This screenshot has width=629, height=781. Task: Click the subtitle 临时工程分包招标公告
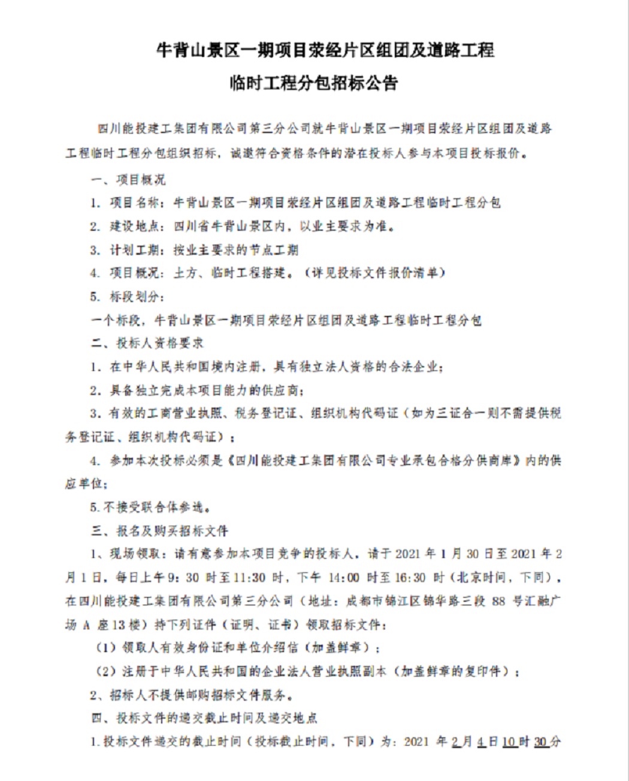coord(314,83)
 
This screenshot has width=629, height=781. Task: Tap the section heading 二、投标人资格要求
coord(147,343)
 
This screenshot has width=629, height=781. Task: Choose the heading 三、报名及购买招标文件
coord(159,531)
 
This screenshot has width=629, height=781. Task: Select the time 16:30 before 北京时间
coord(410,578)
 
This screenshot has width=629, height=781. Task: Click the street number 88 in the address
coord(498,601)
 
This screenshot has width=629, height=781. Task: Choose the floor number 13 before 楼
coord(117,625)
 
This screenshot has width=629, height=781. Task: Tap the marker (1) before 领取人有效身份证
coord(106,648)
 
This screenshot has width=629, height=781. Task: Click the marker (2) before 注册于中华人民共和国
coord(106,671)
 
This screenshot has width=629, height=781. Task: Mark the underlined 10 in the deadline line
coord(509,742)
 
